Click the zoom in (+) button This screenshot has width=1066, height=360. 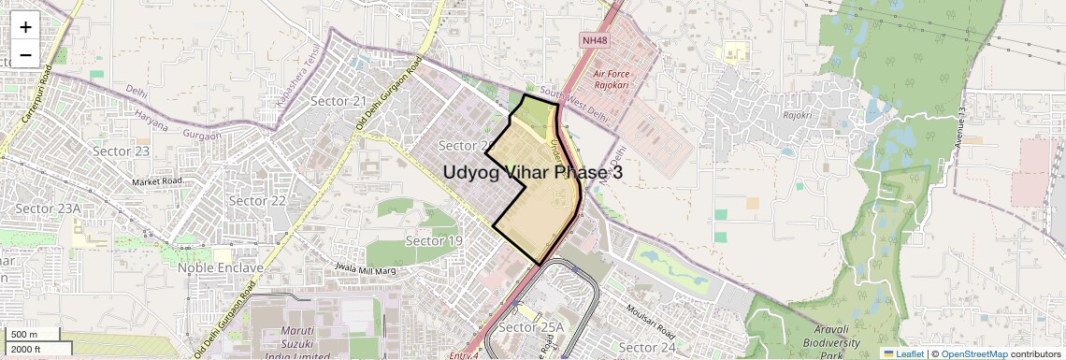(x=25, y=28)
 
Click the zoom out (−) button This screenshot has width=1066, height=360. (x=25, y=54)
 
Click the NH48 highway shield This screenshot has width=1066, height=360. (x=594, y=40)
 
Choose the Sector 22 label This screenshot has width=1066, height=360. (x=257, y=200)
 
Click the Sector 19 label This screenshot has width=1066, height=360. (x=434, y=241)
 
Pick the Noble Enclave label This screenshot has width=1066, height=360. (x=221, y=267)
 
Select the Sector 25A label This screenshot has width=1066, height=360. (x=532, y=327)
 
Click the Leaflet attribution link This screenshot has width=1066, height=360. (x=903, y=353)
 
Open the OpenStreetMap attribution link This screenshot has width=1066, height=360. (x=973, y=353)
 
